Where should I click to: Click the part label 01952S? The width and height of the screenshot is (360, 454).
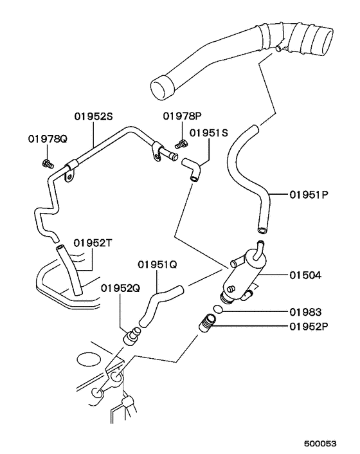click(93, 116)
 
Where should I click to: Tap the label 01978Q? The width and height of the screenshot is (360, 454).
click(48, 139)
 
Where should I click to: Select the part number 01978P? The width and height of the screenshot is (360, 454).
click(182, 116)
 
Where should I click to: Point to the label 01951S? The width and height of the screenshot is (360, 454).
click(209, 133)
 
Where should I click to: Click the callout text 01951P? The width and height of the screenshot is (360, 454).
click(309, 195)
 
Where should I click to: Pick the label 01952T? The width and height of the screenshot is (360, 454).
click(93, 243)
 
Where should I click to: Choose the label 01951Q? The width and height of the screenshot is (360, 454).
click(157, 264)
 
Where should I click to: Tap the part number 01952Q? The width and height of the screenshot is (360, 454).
click(120, 288)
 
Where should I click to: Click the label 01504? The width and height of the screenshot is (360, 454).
click(305, 275)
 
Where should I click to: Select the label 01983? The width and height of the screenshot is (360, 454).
click(305, 312)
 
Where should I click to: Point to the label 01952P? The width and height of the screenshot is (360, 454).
click(309, 327)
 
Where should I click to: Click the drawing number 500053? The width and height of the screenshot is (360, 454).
click(320, 444)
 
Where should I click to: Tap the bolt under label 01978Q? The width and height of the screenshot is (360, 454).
click(48, 164)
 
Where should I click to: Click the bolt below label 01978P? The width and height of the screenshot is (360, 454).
click(181, 144)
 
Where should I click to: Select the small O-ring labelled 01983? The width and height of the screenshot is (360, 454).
click(218, 309)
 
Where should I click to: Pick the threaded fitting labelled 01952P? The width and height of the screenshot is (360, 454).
click(207, 323)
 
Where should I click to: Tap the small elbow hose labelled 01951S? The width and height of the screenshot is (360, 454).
click(191, 170)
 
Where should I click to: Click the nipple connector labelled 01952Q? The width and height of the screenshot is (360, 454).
click(132, 336)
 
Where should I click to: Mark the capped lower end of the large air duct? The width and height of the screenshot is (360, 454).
click(162, 87)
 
